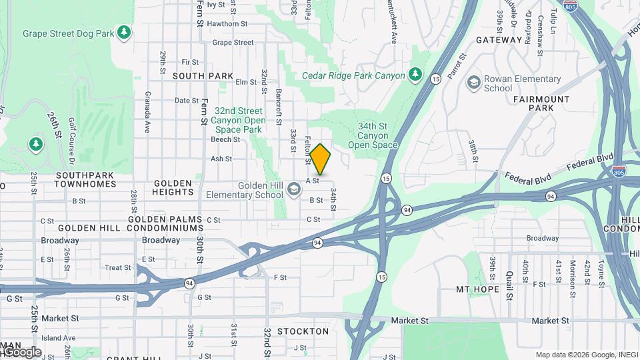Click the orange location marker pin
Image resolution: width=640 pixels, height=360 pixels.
click(321, 159)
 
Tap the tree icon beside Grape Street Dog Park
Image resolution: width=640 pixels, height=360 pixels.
click(123, 33)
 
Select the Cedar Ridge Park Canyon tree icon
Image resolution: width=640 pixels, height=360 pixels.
click(416, 73)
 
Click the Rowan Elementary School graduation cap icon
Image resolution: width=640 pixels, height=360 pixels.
click(474, 82)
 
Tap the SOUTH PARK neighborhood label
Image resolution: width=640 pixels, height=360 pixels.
click(203, 76)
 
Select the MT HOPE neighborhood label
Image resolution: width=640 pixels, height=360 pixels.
click(477, 289)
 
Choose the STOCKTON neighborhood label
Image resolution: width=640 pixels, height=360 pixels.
click(303, 331)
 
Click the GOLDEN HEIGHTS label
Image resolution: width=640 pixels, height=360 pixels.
click(173, 187)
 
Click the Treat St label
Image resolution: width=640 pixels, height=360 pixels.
click(118, 268)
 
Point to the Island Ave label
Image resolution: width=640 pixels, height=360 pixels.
click(59, 338)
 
